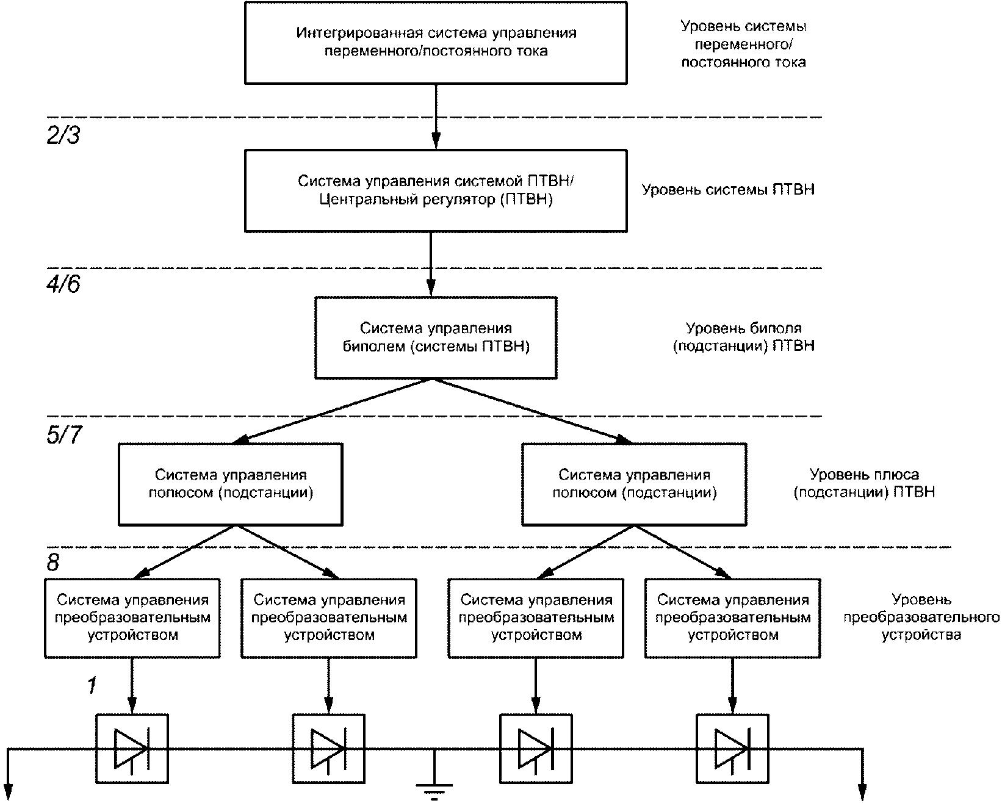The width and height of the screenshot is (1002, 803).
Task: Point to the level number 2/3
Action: tap(63, 135)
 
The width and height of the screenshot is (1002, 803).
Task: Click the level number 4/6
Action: tap(63, 284)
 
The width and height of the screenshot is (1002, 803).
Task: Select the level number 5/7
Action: tap(64, 434)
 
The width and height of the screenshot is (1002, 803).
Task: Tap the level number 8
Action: tap(53, 563)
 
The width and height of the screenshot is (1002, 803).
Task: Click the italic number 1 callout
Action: tap(92, 685)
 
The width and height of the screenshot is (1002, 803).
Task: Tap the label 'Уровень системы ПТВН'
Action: tap(728, 190)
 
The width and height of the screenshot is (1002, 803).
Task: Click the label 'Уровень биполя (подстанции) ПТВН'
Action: tap(744, 337)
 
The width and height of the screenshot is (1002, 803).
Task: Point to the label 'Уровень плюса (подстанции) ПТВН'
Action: tap(864, 483)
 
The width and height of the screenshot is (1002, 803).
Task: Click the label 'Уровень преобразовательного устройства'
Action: tap(921, 618)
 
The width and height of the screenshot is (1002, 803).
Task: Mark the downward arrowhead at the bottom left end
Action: tap(9, 792)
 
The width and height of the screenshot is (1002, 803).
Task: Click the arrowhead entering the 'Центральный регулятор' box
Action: tap(436, 140)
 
